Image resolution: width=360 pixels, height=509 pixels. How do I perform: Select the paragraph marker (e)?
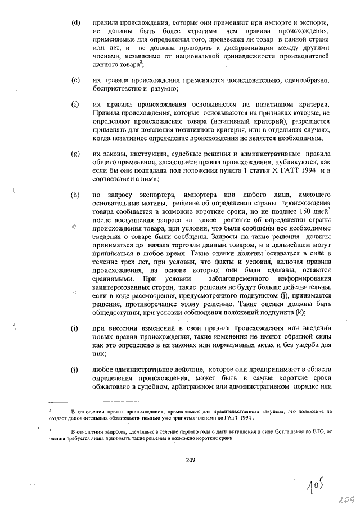point(75,80)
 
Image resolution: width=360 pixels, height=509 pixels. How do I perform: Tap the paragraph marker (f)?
point(75,105)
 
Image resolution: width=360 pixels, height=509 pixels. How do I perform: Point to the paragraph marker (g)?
point(75,154)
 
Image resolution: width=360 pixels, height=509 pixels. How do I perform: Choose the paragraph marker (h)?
point(75,194)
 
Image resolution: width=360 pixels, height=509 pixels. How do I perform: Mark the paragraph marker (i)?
point(74,328)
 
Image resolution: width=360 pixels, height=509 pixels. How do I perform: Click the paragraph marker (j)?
point(74,370)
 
